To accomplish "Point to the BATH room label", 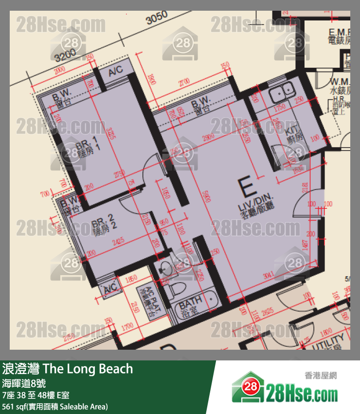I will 191,307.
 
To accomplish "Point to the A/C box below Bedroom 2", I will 108,290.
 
